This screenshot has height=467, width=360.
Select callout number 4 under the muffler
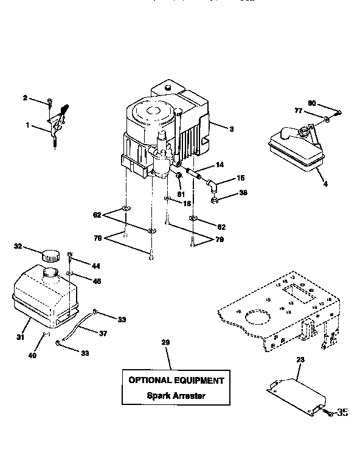[x=326, y=183]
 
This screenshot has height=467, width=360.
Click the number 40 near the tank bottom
[x=32, y=355]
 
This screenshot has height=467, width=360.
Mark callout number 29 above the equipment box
[x=165, y=344]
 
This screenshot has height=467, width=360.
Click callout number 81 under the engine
[x=180, y=194]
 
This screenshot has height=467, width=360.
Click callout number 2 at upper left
[x=25, y=97]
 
